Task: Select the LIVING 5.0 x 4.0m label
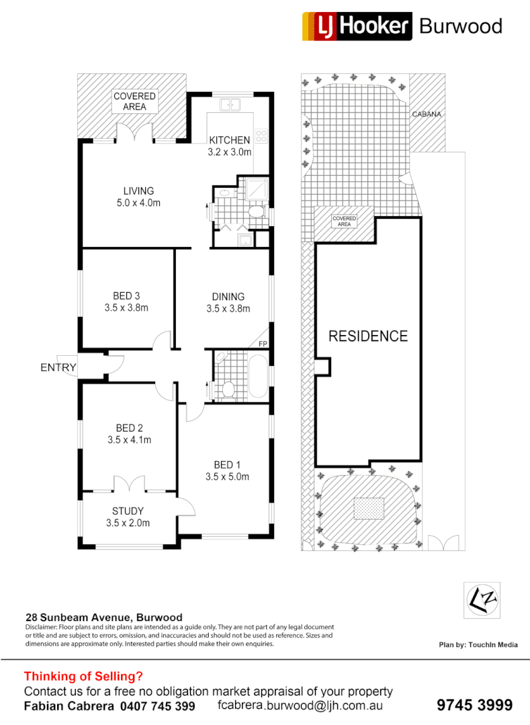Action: tap(138, 196)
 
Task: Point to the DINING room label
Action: tap(228, 302)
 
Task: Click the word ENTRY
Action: tap(58, 367)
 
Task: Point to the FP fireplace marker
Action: tap(263, 344)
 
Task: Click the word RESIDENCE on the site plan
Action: tap(367, 336)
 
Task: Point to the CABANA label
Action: tap(427, 114)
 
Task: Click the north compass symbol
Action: tap(482, 597)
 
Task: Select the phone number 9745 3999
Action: tap(474, 705)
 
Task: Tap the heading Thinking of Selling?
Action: tap(83, 676)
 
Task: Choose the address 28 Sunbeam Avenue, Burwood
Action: tap(103, 617)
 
